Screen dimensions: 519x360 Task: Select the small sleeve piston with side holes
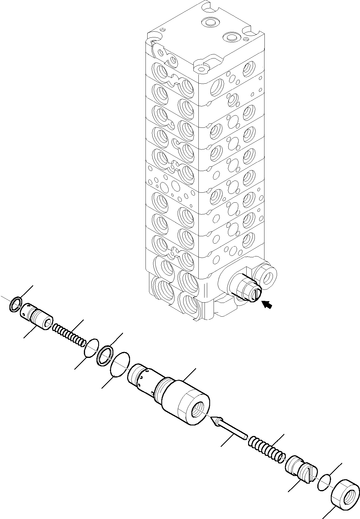[36, 316]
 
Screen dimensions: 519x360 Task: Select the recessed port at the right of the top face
[232, 37]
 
